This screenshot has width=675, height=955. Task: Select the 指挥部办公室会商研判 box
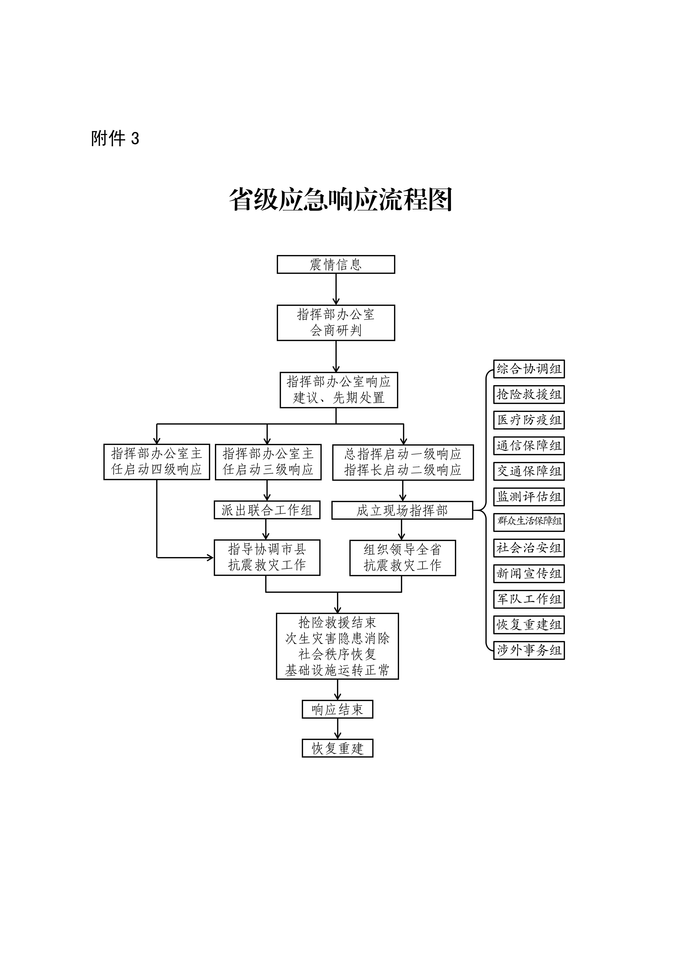[336, 323]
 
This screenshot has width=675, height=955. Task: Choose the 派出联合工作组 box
[267, 510]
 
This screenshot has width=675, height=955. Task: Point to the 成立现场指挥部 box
[402, 510]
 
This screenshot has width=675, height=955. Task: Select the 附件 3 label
[115, 138]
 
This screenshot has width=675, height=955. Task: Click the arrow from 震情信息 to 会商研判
[336, 289]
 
